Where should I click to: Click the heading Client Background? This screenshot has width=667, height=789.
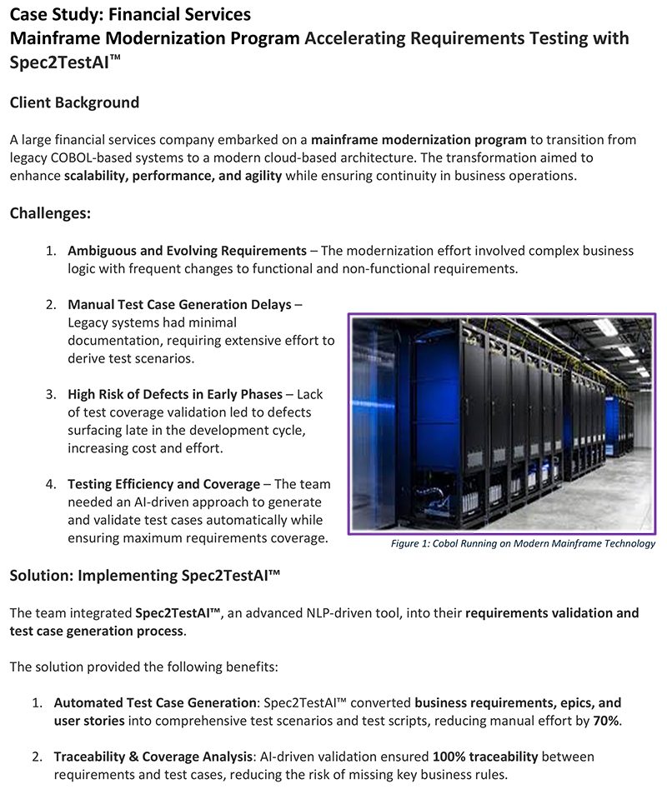click(x=74, y=102)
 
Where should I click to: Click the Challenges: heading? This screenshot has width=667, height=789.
click(x=50, y=213)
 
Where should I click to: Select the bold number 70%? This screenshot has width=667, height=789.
click(x=606, y=721)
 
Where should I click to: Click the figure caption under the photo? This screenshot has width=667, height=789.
click(x=523, y=543)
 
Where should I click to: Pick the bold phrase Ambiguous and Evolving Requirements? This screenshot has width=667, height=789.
click(x=187, y=251)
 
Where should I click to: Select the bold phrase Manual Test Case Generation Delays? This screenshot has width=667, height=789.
click(x=179, y=304)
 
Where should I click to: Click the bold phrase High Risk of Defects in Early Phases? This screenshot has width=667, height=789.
click(x=176, y=394)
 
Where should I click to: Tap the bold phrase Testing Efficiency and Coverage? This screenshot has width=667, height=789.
click(x=163, y=484)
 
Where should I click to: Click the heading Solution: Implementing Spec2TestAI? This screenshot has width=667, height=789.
click(x=144, y=576)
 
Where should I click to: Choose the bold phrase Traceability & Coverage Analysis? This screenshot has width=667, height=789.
click(x=153, y=757)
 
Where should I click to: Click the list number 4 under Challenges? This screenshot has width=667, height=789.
click(x=50, y=484)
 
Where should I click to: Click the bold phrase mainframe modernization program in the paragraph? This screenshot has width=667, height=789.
click(x=419, y=139)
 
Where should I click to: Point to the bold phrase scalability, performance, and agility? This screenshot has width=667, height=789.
click(x=173, y=175)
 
